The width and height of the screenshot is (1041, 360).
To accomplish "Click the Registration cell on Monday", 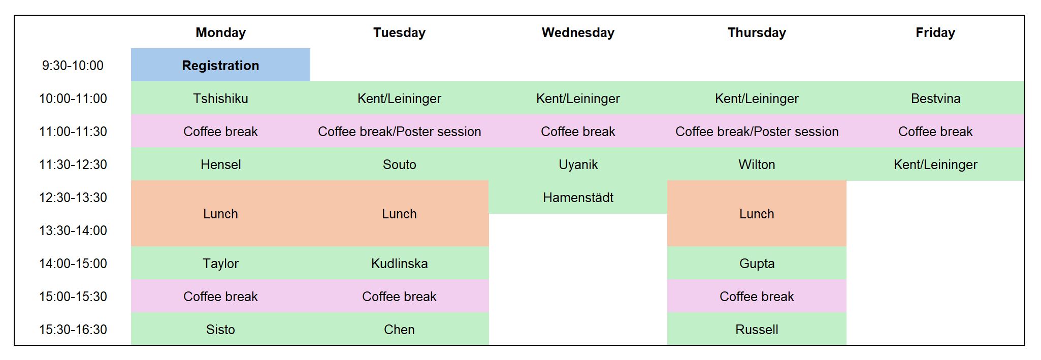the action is (220, 65).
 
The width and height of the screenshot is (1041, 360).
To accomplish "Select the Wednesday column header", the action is (578, 32).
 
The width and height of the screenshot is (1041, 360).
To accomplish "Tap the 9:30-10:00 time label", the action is (73, 66).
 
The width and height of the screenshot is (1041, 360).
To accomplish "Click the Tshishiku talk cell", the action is (220, 98).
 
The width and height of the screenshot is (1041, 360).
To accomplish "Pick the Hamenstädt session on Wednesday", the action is (578, 197).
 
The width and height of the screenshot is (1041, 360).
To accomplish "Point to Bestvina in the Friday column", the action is (935, 98).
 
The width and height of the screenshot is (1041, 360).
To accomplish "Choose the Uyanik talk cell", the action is (578, 164).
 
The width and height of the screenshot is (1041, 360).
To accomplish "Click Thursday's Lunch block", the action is (757, 213).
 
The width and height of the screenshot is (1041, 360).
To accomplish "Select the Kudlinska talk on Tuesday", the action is (399, 263).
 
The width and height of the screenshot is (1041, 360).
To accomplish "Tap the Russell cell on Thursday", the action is (757, 329).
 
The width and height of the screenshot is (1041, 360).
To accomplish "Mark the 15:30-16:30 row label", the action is (73, 330).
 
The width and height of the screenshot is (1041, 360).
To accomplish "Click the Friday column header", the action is (935, 32).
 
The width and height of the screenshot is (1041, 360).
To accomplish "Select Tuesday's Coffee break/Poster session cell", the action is (399, 131).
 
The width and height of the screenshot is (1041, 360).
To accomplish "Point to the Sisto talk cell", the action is (220, 329).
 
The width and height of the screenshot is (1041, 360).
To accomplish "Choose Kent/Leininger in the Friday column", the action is (935, 164).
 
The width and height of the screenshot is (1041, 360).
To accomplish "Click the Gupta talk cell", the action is (757, 263).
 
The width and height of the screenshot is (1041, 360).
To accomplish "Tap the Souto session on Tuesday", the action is (399, 164).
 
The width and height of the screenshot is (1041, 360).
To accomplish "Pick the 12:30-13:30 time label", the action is (73, 198).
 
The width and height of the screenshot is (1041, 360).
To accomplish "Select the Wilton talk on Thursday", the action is (757, 164).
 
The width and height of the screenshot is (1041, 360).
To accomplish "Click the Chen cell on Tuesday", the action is (399, 329).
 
